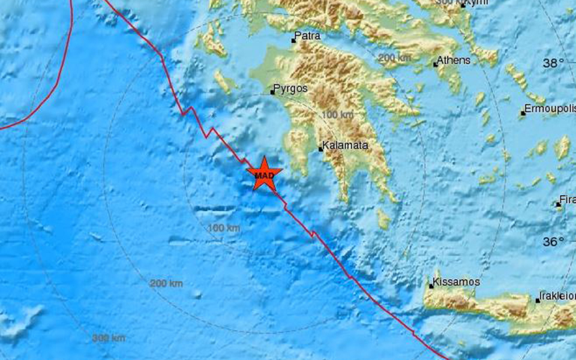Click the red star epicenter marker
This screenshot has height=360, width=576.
264,174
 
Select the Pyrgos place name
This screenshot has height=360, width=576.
291,88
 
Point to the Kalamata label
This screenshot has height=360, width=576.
346,145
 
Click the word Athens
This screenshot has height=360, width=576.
454,60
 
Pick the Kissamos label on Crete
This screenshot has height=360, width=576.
455,281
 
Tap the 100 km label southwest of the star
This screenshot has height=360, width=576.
224,228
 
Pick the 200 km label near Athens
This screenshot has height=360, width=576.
394,58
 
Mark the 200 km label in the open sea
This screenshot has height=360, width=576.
166,283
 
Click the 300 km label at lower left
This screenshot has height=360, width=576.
109,338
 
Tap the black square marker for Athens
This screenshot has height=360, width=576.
435,64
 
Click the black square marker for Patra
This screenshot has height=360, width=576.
294,40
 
